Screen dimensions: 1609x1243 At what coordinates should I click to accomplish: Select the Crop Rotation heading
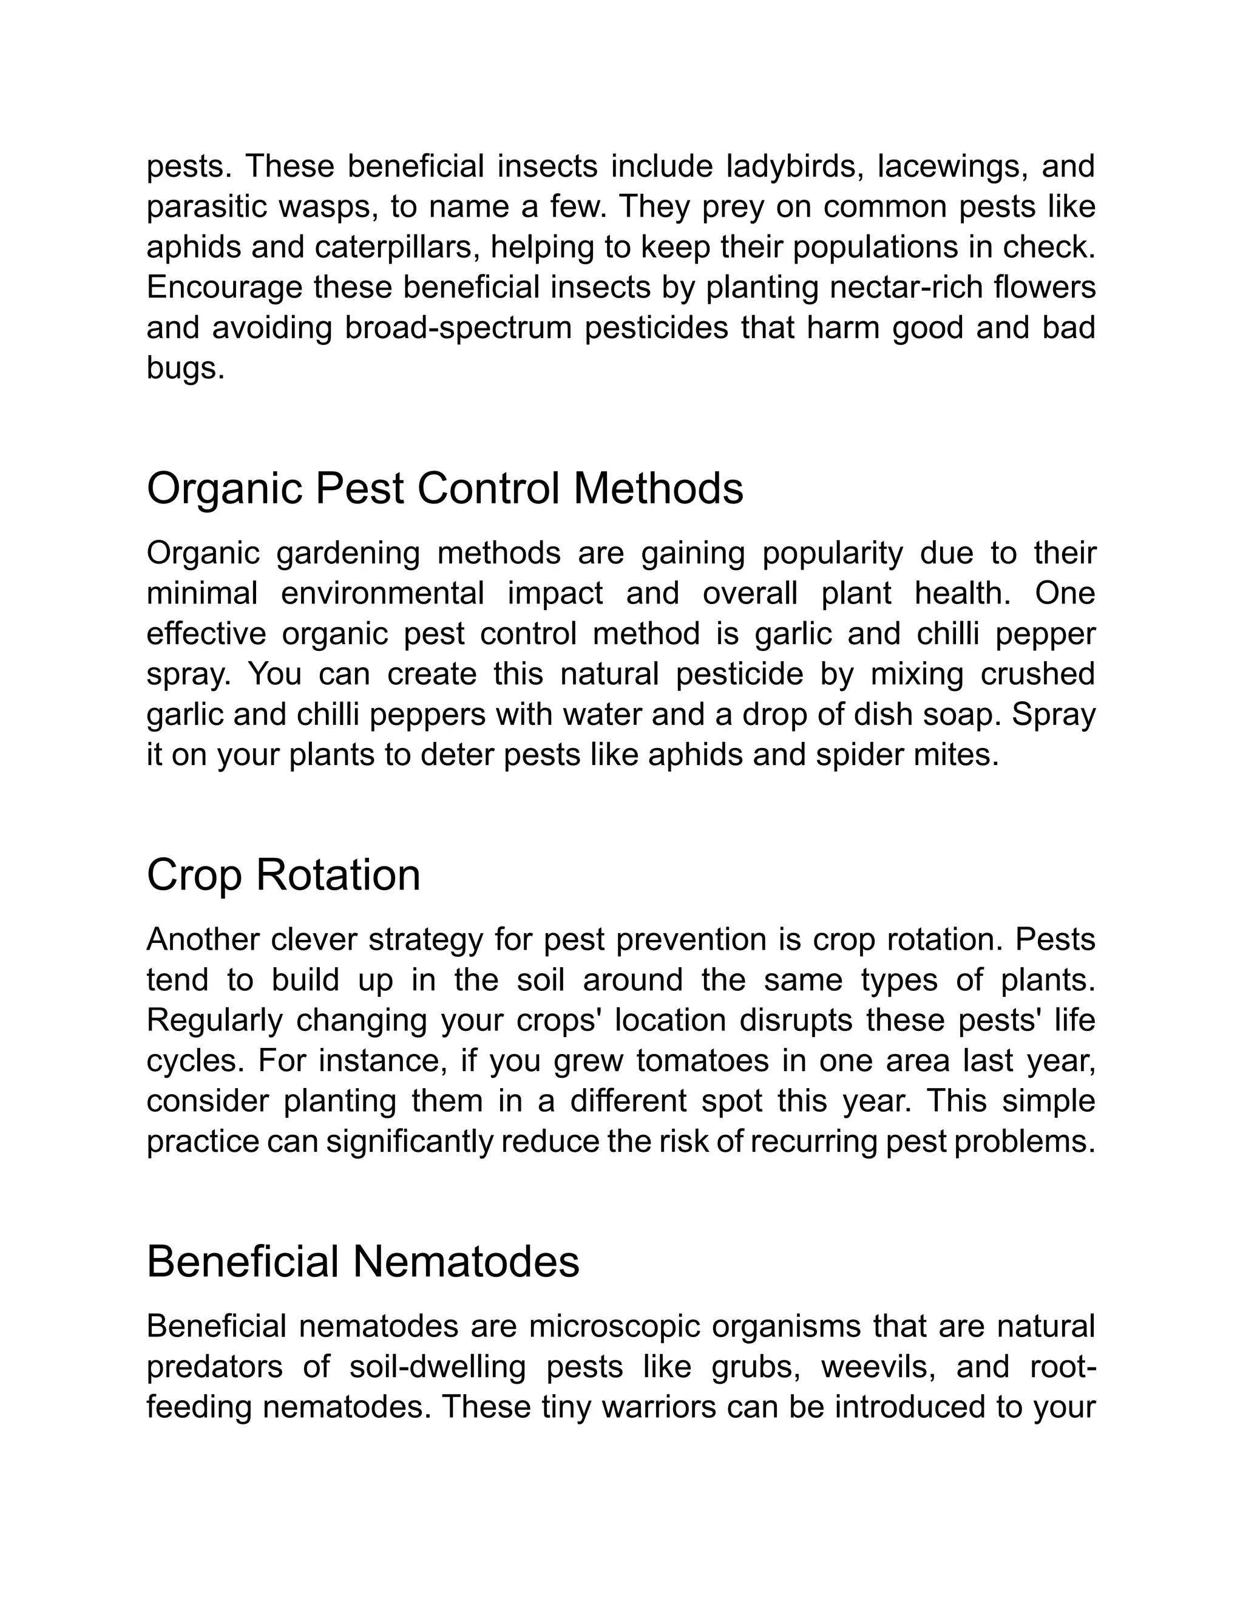283,875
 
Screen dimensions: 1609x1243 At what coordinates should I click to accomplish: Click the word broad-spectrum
458,328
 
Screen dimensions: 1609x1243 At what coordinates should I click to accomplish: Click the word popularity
833,553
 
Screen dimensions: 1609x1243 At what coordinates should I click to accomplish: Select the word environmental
382,594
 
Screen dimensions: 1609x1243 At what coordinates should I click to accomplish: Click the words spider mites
906,755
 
